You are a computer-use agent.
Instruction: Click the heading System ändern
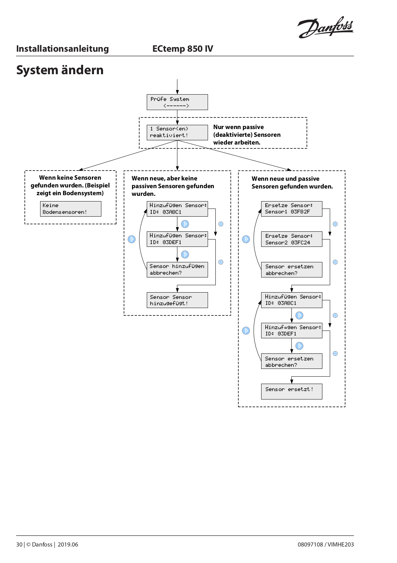point(60,70)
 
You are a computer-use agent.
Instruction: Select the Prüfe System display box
point(177,102)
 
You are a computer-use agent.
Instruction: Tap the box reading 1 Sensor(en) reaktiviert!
point(177,133)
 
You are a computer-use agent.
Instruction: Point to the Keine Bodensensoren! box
point(71,209)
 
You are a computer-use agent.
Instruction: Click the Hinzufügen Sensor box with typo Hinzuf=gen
point(291,331)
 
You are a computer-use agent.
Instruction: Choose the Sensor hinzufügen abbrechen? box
point(177,270)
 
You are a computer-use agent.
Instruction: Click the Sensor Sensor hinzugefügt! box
point(177,300)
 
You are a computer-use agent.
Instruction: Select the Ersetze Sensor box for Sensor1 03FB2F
point(291,209)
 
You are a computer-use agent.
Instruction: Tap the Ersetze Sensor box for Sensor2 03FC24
point(291,239)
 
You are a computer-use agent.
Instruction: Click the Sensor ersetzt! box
point(291,391)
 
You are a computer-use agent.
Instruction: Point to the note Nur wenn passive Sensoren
point(247,135)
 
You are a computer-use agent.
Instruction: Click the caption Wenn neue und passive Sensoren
point(292,183)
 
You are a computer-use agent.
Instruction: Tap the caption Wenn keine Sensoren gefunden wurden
point(70,185)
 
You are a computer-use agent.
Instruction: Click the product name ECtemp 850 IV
point(183,49)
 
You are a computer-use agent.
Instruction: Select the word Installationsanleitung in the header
point(62,49)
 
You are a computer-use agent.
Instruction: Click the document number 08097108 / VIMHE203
point(326,544)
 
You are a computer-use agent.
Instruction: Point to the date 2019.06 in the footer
point(68,544)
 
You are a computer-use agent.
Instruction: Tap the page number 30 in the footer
point(19,544)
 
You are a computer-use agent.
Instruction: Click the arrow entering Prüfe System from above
point(177,87)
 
